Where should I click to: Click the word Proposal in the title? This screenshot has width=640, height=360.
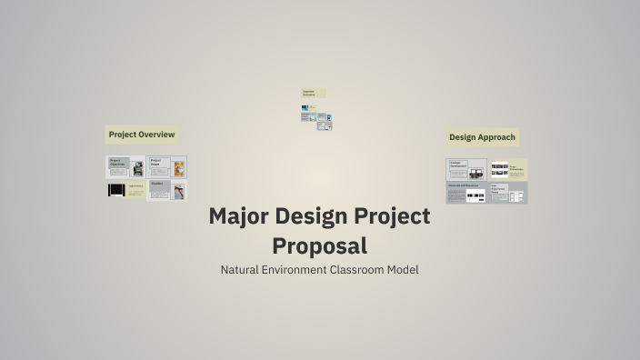point(320,245)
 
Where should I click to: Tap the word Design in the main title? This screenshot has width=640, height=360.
point(317,216)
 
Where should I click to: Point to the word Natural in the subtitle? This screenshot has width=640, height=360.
point(244,270)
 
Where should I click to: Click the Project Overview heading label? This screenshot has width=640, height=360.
point(142,135)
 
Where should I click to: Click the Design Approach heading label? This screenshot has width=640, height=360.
point(482,137)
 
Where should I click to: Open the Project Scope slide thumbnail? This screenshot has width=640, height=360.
point(167,167)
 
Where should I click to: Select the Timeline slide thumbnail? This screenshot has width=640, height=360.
point(167,190)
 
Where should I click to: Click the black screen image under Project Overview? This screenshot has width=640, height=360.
point(116,190)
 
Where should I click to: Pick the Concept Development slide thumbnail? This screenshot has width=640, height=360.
point(465,169)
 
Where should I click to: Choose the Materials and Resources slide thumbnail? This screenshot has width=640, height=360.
point(465,193)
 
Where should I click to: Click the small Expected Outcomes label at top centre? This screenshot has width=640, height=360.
point(313,93)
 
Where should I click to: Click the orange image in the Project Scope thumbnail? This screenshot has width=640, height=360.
point(179,168)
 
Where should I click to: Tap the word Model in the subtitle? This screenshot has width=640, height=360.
point(403,270)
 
